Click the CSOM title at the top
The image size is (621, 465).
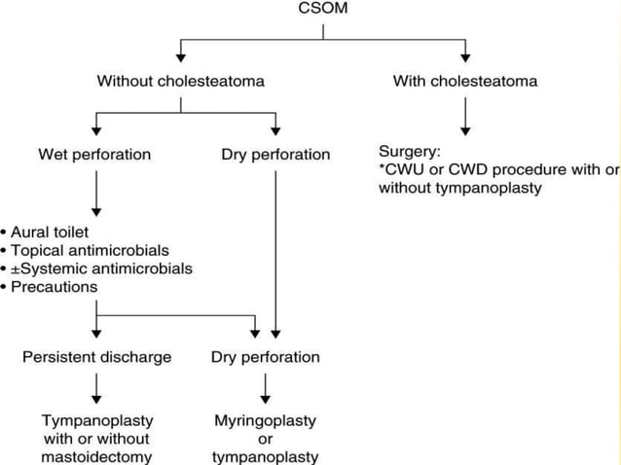point(322,9)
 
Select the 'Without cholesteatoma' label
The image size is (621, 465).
point(181,81)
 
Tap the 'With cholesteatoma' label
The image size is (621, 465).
point(464,81)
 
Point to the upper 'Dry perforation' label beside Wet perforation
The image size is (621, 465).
point(276,154)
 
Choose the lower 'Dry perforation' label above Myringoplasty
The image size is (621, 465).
point(265,357)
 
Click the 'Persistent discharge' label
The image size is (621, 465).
point(96,357)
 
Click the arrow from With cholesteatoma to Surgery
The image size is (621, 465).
point(465,117)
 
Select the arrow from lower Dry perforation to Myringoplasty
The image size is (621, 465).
point(265,389)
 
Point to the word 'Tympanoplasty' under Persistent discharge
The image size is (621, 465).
point(96,419)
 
